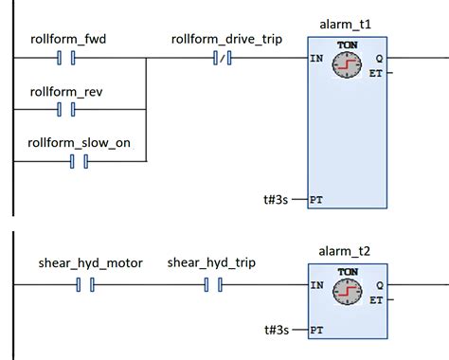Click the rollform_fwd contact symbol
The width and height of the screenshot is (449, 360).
[66, 59]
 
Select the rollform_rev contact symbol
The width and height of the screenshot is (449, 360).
[66, 109]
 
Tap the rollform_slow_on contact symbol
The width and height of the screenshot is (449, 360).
[79, 160]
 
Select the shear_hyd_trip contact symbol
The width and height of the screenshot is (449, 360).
[212, 282]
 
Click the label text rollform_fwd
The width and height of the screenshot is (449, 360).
[66, 39]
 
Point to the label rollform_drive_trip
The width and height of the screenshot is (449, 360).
[220, 39]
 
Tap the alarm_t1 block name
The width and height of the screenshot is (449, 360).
[347, 24]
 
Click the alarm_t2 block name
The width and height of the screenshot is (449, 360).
[347, 251]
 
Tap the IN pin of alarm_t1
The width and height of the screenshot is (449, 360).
[315, 59]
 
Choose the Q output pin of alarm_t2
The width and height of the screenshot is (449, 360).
[379, 283]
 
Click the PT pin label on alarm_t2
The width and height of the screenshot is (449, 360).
[316, 330]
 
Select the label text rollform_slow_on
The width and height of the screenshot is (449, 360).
[79, 141]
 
